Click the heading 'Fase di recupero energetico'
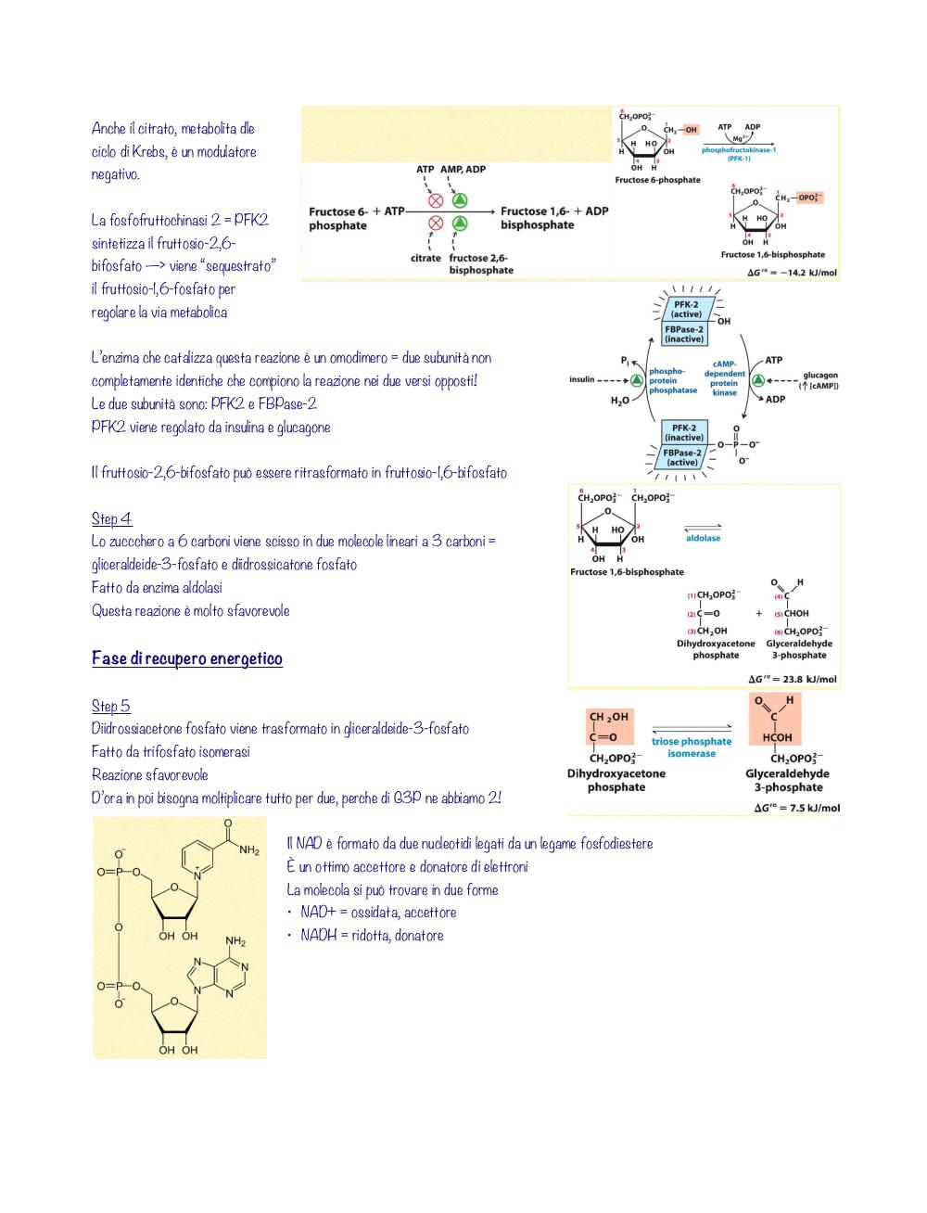186,658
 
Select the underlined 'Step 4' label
111,518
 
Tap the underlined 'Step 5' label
111,706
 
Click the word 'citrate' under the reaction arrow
425,258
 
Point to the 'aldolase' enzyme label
703,538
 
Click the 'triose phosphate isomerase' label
692,747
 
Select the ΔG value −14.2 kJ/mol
792,273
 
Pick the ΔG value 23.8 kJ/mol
793,679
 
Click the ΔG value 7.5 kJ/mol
796,808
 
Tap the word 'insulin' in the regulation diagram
582,379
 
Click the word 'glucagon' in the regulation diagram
820,375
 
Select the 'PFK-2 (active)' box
686,310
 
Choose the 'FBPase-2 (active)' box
683,457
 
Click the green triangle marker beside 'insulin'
637,380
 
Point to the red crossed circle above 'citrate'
436,223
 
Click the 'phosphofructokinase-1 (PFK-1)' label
739,154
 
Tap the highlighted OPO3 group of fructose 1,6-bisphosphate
809,198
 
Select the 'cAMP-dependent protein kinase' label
724,378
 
